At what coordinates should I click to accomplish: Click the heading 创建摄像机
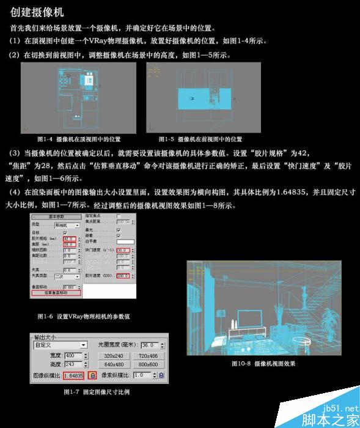click(x=37, y=12)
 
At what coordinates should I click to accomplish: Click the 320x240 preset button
click(x=113, y=355)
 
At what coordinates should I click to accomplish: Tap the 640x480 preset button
click(x=113, y=365)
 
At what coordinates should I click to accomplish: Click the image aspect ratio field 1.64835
click(x=73, y=375)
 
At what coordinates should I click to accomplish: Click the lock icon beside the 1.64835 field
click(x=92, y=375)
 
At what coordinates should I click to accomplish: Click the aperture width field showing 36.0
click(x=150, y=345)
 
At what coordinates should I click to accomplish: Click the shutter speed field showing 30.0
click(x=122, y=250)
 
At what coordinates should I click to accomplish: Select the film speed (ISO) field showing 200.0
click(x=122, y=276)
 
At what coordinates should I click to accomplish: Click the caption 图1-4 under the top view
click(x=79, y=139)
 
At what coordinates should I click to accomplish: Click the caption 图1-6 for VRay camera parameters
click(x=83, y=317)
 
